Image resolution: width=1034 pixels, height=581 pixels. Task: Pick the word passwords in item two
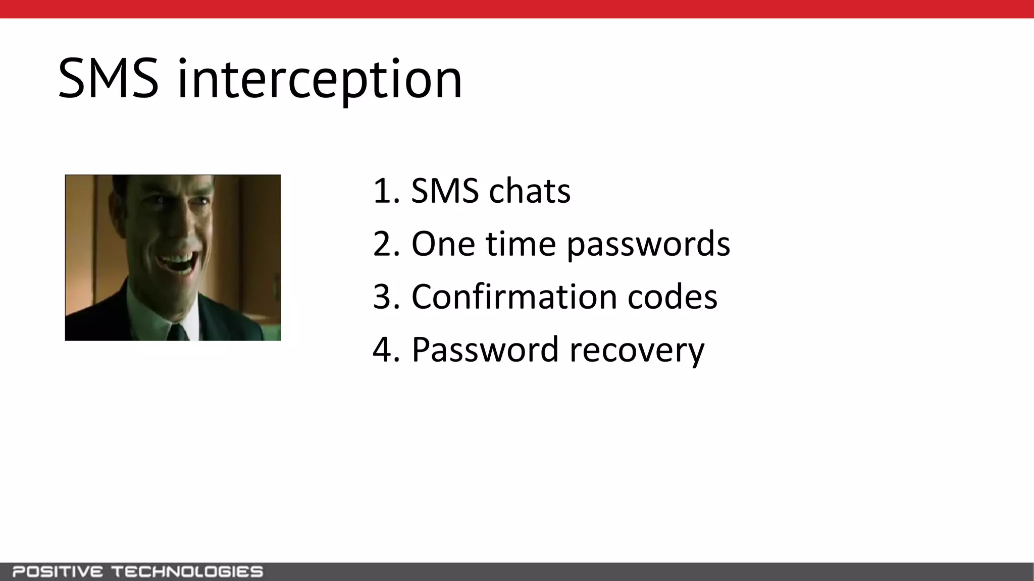[x=648, y=244]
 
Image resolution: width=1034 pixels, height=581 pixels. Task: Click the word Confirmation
[x=514, y=297]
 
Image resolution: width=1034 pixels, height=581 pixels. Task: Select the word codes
[x=672, y=297]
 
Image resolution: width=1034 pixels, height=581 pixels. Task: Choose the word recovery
[x=637, y=350]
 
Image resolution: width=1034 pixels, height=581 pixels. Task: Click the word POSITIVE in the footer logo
[x=58, y=572]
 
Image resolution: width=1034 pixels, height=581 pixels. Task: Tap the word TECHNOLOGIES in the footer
[x=187, y=572]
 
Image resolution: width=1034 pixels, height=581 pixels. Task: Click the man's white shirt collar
[x=151, y=315]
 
